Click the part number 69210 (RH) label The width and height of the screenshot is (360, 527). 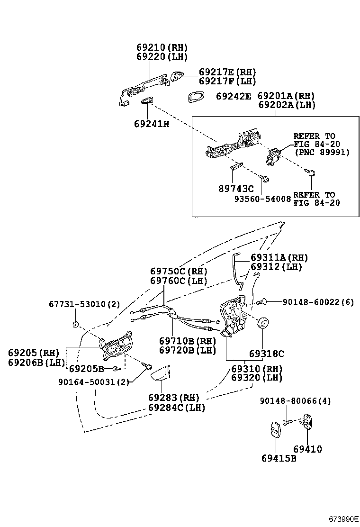(162, 48)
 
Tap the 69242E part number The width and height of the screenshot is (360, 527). (233, 96)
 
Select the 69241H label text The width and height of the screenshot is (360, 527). (152, 124)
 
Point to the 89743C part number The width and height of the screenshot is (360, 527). (235, 189)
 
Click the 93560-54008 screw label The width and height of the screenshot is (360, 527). (262, 199)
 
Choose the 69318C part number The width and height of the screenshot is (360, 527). (267, 354)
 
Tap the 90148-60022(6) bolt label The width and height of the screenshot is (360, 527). (318, 301)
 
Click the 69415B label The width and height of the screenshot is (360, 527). (279, 458)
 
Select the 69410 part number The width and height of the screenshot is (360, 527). (307, 449)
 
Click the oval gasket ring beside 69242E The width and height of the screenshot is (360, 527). (195, 97)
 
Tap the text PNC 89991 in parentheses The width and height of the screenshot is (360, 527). (322, 153)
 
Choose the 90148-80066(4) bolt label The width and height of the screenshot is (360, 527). (295, 401)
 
